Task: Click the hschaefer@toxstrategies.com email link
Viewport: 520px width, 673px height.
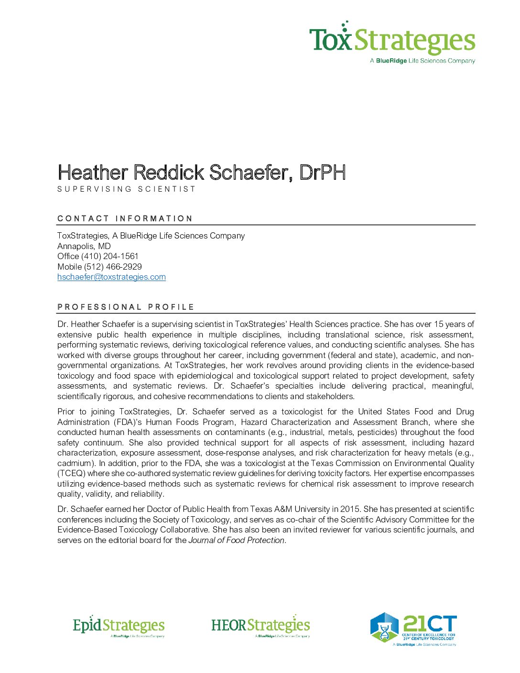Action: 111,277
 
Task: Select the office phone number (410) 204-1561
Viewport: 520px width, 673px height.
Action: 109,256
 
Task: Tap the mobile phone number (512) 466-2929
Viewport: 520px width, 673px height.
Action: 113,267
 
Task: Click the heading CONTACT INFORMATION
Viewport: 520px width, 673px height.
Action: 125,218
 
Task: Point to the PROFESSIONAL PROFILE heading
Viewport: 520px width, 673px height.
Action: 126,307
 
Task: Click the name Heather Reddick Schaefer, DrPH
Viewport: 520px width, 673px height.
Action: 201,173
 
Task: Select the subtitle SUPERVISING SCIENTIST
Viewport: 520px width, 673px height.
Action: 127,189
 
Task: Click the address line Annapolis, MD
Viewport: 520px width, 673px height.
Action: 84,246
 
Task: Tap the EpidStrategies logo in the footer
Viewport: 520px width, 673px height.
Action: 119,626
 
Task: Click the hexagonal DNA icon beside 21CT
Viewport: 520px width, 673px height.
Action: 384,627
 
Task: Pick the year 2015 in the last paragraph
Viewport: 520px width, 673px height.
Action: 350,509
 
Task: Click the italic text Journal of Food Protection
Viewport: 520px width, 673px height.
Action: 237,540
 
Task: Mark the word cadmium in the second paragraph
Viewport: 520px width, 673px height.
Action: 74,463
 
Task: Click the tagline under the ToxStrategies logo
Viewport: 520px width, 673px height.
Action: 422,61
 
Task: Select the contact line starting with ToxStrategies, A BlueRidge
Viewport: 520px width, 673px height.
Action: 151,236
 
